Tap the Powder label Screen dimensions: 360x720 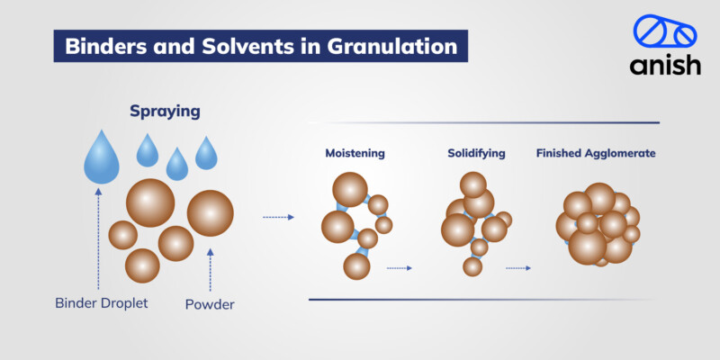tap(209, 304)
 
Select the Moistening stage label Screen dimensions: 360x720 tap(355, 154)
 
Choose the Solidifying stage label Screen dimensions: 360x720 tap(476, 154)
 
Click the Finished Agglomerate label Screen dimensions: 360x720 tap(596, 154)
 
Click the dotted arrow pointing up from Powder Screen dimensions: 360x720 tap(210, 269)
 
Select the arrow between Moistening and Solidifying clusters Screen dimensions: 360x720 tap(399, 267)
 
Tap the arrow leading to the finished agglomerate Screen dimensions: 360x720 tap(518, 267)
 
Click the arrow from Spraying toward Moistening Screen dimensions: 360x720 tap(278, 217)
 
